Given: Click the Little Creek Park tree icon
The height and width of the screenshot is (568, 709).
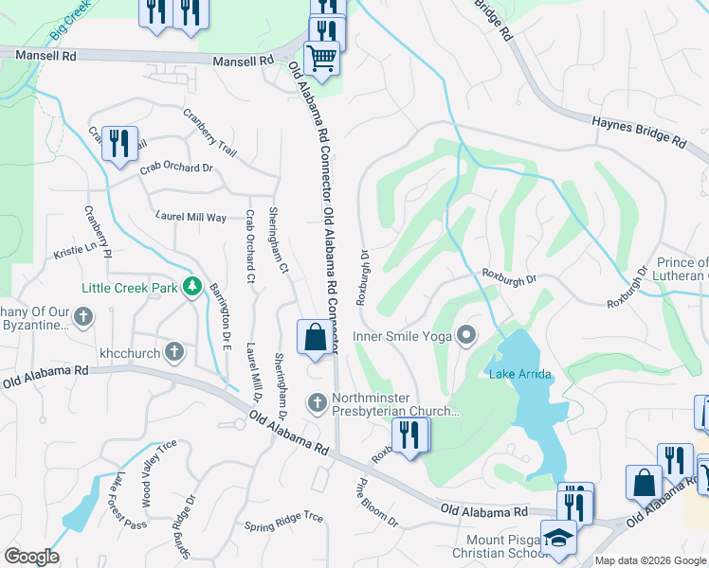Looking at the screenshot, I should [x=192, y=285].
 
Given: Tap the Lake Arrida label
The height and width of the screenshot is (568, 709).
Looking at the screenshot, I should [x=519, y=375].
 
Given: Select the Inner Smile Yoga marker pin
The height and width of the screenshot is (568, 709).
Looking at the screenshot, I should [x=465, y=335].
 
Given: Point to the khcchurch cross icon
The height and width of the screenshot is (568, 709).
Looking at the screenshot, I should [x=173, y=352].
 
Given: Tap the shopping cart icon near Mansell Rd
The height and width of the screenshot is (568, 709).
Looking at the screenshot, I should [x=321, y=59].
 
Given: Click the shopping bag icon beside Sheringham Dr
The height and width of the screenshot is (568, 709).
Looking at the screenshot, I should [x=315, y=338].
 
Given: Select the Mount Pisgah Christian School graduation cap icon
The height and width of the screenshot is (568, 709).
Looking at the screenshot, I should [x=558, y=538].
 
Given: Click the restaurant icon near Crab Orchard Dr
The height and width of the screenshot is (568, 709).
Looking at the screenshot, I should [x=119, y=144].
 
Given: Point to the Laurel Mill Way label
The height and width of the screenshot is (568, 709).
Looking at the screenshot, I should [x=191, y=217].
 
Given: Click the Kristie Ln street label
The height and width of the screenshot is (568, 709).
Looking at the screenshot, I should [x=76, y=251].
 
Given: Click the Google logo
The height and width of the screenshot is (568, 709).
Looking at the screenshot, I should [x=31, y=557].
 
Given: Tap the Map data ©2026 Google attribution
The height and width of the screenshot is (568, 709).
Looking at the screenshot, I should [x=649, y=560].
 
